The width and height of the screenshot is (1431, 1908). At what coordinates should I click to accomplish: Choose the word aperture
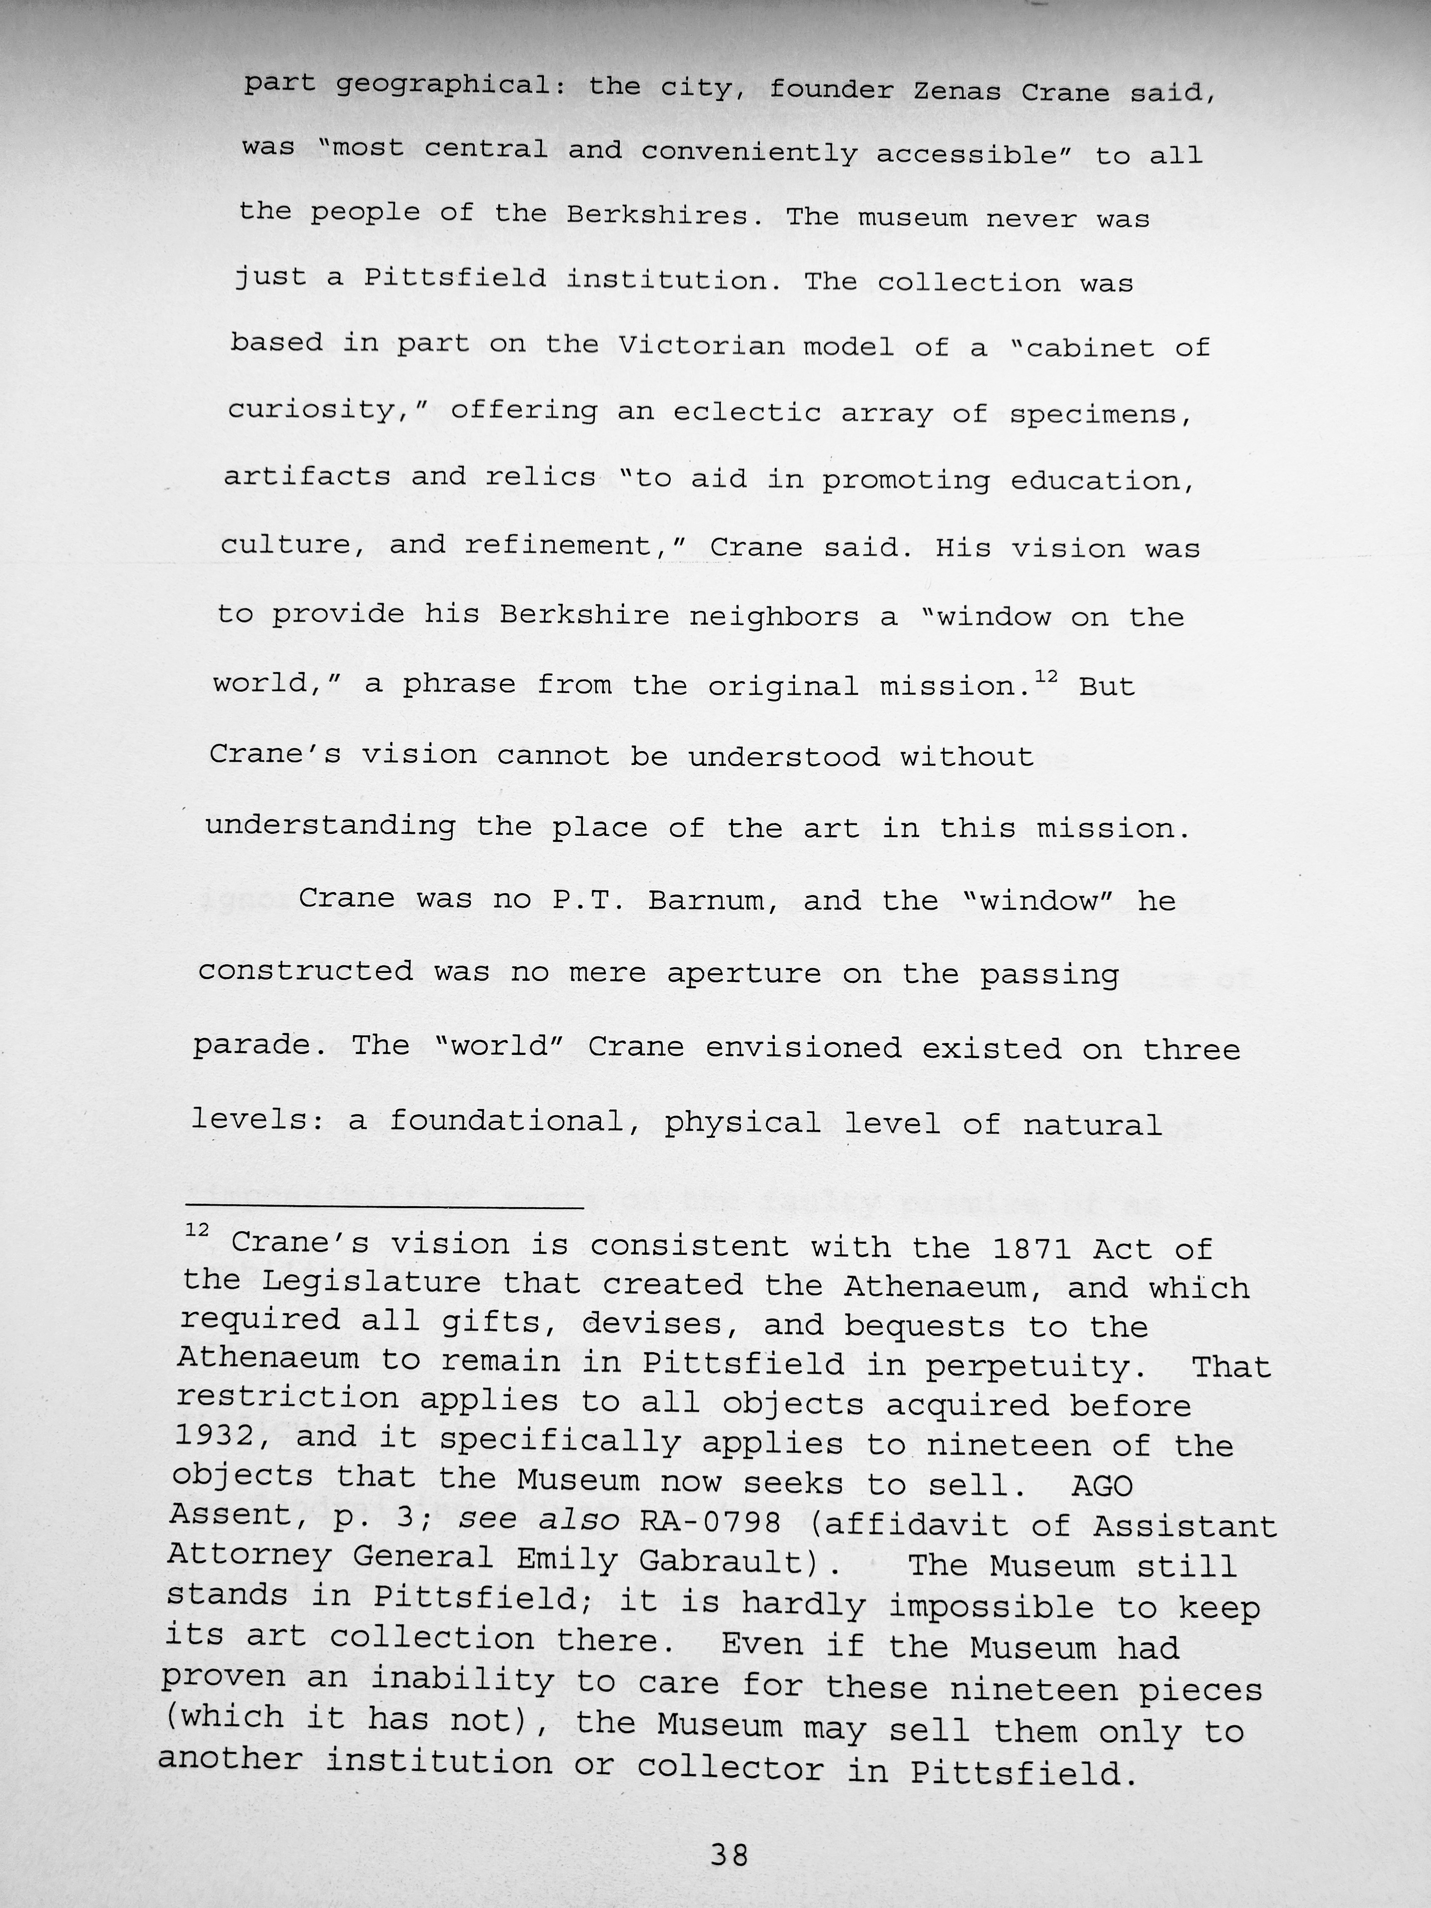[743, 973]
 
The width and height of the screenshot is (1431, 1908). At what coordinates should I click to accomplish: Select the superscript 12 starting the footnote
[197, 1229]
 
